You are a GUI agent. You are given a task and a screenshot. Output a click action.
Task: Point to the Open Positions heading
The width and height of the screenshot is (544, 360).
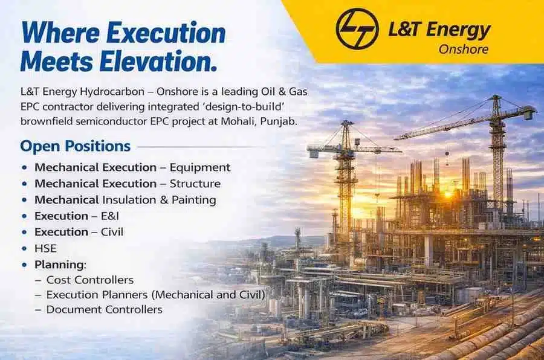click(x=75, y=146)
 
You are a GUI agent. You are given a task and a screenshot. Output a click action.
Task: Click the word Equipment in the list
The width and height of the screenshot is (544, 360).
click(x=199, y=167)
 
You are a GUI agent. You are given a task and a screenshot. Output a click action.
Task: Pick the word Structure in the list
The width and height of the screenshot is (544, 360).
click(x=195, y=184)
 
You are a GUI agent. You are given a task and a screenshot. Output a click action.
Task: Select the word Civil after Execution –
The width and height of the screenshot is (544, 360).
click(x=112, y=232)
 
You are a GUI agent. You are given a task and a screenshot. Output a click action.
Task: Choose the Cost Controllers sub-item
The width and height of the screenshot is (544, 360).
click(x=89, y=280)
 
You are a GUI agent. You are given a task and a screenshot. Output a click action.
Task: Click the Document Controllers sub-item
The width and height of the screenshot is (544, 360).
click(x=104, y=309)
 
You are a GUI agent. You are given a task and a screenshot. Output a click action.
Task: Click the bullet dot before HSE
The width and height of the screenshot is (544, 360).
click(x=24, y=248)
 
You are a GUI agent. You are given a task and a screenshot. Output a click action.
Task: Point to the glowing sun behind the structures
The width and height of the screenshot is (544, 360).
click(x=448, y=194)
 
